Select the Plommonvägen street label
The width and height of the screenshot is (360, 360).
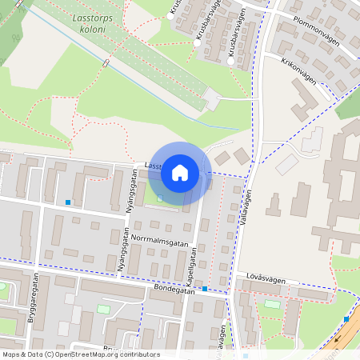pos(318,30)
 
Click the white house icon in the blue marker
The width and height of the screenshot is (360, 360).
pos(180,172)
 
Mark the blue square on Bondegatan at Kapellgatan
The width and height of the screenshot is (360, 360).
pos(206,289)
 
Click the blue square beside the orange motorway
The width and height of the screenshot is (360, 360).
pos(346,319)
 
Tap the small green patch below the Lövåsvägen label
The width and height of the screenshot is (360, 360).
pos(273,304)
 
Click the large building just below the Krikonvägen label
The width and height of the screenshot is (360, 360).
pos(303,101)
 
